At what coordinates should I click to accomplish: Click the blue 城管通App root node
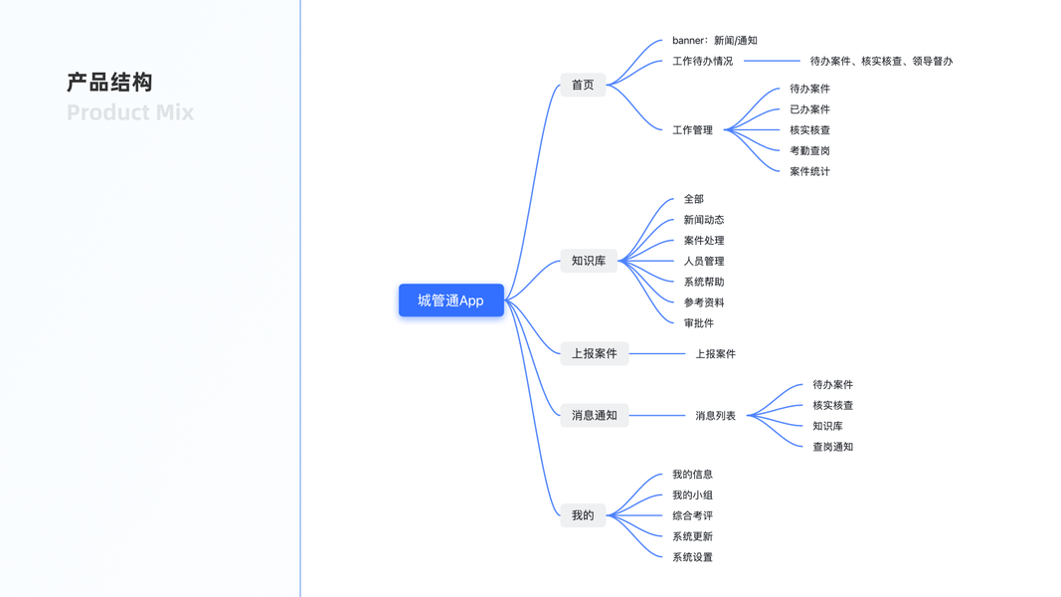pos(450,300)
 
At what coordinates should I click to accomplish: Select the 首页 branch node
pos(583,86)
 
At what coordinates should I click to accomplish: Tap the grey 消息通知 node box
pos(594,416)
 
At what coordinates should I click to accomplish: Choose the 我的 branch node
pos(583,515)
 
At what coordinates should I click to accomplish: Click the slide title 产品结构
pos(110,83)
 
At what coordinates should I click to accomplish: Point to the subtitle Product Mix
pos(130,112)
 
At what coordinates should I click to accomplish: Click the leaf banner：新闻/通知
pos(714,41)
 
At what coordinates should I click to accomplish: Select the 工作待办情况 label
pos(702,62)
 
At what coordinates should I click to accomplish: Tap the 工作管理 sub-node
pos(692,130)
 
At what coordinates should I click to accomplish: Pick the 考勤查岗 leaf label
pos(809,151)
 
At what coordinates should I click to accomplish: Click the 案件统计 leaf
pos(809,172)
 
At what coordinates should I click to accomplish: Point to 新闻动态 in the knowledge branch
pos(703,220)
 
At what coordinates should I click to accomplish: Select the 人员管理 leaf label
pos(703,262)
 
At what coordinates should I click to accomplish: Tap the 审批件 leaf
pos(698,323)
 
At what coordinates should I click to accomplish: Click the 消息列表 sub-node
pos(715,416)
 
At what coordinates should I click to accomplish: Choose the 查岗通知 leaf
pos(832,448)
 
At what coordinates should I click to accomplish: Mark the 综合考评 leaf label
pos(692,516)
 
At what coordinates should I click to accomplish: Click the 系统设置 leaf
pos(692,557)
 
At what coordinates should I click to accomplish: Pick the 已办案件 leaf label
pos(809,109)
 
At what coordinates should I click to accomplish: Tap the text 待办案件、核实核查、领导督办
pos(881,62)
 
